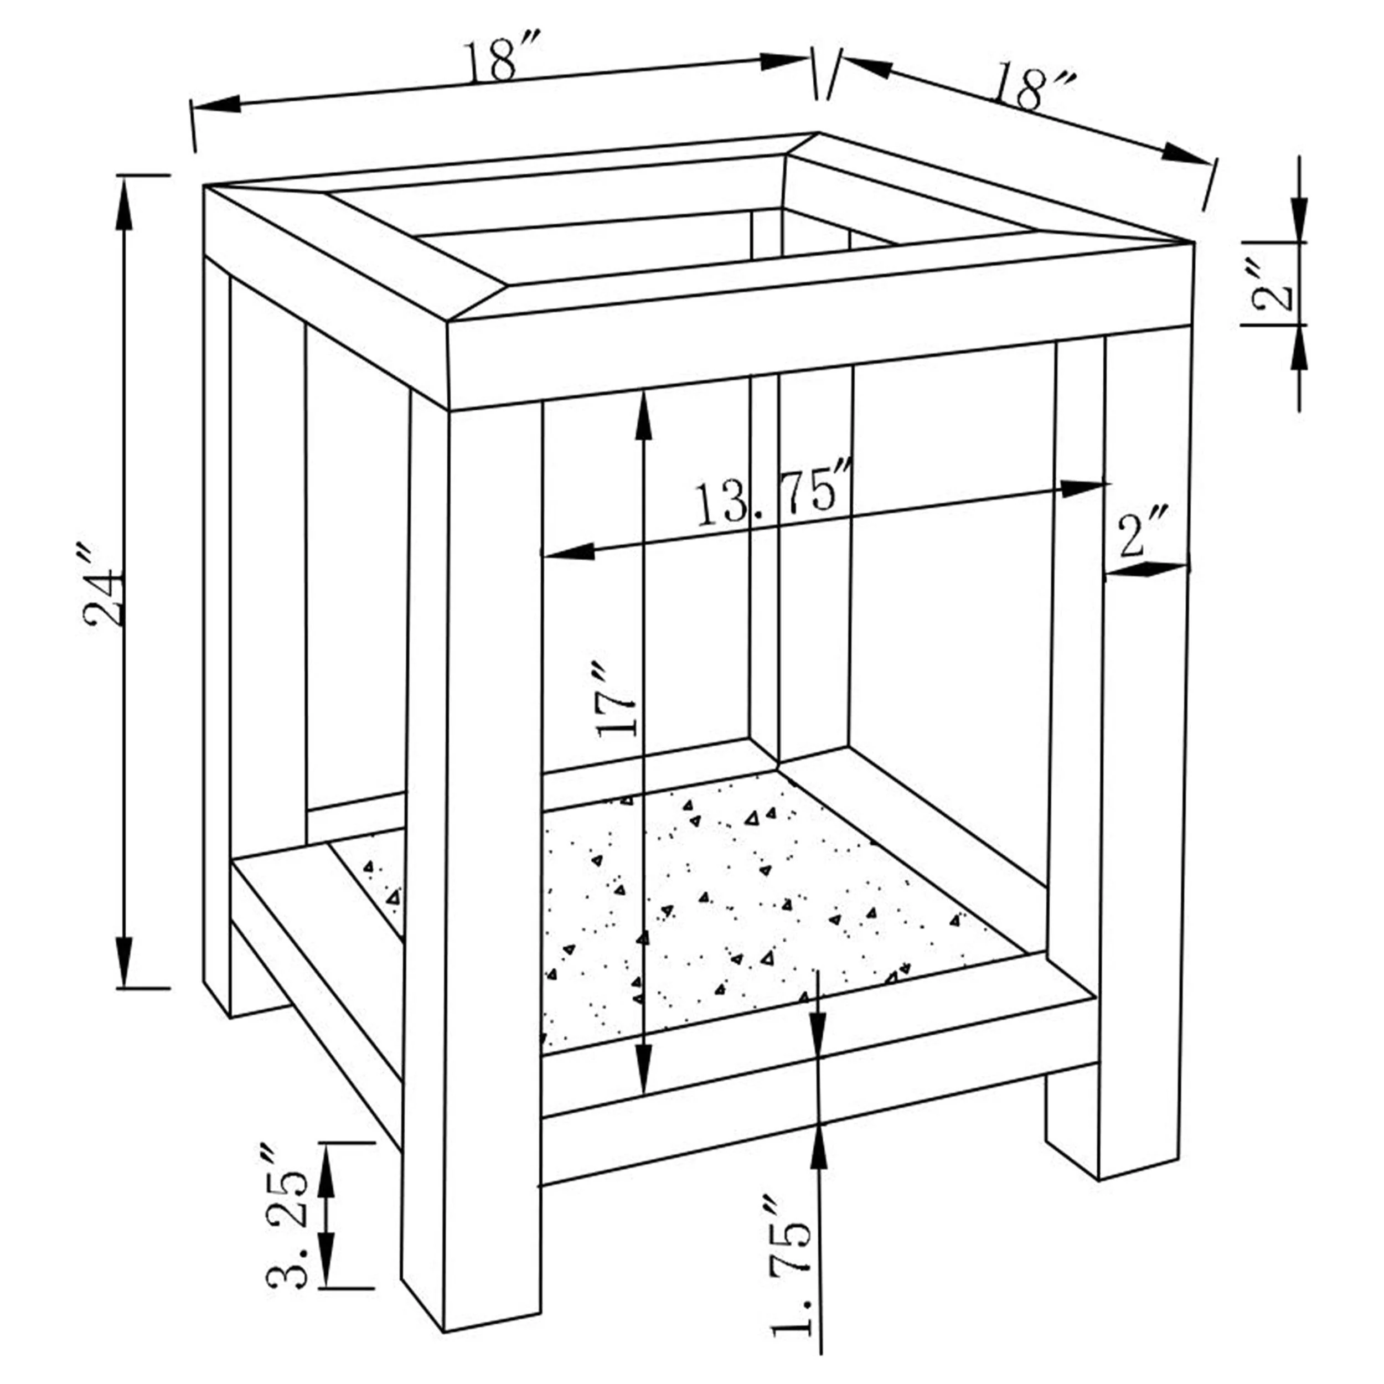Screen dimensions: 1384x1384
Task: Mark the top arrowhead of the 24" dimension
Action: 125,204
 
